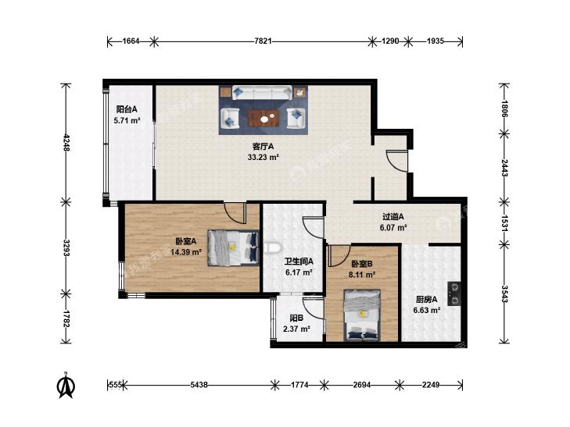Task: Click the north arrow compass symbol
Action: click(x=66, y=386)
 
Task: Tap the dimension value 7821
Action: click(x=263, y=41)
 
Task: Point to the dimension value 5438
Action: click(x=199, y=385)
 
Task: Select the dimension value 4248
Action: click(x=66, y=143)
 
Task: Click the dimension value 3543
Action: click(x=504, y=294)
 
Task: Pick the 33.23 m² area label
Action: click(x=263, y=158)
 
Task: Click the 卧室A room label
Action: click(x=186, y=241)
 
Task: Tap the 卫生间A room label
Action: click(x=299, y=262)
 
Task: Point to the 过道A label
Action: click(x=393, y=217)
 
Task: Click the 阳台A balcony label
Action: click(x=127, y=109)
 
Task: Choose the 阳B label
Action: click(x=296, y=318)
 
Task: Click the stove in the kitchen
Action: click(x=454, y=294)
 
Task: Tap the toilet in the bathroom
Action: click(x=272, y=247)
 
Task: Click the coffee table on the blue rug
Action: click(x=263, y=118)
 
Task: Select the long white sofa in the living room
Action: click(x=262, y=93)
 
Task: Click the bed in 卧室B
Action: click(x=362, y=315)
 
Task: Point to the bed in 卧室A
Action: click(x=233, y=247)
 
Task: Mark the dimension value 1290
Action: click(x=390, y=41)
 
